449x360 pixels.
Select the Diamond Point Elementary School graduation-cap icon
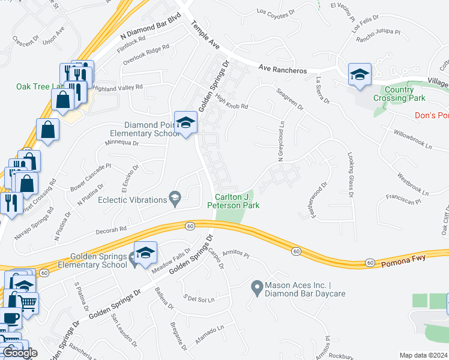click(x=186, y=123)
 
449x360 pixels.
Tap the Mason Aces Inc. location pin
click(x=257, y=290)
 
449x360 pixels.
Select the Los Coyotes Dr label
click(x=276, y=11)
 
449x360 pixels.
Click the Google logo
click(x=20, y=353)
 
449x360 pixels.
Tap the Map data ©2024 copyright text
click(x=423, y=355)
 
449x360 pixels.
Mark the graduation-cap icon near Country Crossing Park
click(x=360, y=74)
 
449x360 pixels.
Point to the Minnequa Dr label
click(x=122, y=143)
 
